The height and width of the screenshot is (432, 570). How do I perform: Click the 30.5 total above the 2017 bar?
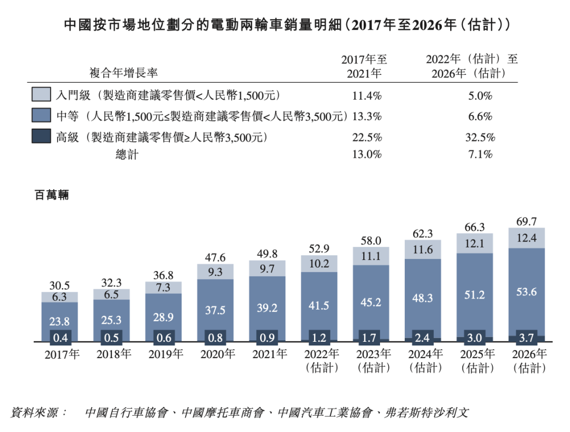[x=60, y=285]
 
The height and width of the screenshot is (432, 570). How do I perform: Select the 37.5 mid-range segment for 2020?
[x=215, y=311]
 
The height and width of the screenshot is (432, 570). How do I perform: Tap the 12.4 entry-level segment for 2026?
[x=526, y=238]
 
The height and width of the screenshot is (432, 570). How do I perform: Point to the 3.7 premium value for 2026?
[x=526, y=338]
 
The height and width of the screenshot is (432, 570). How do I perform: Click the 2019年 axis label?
[x=163, y=354]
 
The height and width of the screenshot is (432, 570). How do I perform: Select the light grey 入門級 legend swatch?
[x=41, y=95]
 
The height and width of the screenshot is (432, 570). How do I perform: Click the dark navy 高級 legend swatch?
[x=41, y=137]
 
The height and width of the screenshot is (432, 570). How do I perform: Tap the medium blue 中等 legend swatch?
[x=41, y=116]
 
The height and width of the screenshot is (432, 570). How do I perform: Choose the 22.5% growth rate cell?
[x=367, y=138]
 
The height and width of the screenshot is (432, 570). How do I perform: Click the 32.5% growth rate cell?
[x=480, y=138]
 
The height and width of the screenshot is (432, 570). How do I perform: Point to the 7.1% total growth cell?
[x=480, y=155]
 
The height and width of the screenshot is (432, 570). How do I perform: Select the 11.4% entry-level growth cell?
[x=367, y=95]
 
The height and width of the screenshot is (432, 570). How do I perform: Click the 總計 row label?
[x=127, y=155]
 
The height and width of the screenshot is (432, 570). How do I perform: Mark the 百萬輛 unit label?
[x=51, y=195]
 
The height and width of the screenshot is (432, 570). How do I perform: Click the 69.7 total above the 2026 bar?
[x=526, y=222]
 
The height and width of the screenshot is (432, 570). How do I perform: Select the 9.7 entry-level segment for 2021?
[x=267, y=269]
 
